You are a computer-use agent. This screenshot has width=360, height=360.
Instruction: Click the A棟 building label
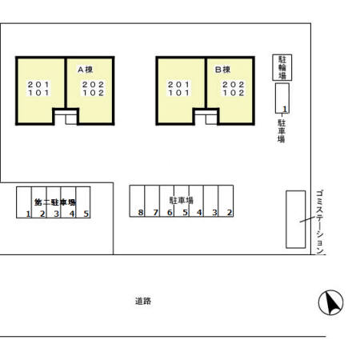point(85,70)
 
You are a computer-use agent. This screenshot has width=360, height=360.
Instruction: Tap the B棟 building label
point(222,70)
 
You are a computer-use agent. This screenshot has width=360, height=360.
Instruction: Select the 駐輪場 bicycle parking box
point(282,67)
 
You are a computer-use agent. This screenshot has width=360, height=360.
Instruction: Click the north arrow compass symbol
point(330,302)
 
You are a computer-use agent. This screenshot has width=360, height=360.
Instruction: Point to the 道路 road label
point(143,301)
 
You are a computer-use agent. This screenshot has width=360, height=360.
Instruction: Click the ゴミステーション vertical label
point(320,222)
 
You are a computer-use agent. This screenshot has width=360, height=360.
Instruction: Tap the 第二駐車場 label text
point(55,202)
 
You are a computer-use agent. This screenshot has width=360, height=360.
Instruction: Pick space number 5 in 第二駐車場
point(86,214)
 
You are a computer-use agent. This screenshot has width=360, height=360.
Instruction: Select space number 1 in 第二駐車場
point(28,214)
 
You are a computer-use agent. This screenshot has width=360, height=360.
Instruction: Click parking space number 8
point(141,213)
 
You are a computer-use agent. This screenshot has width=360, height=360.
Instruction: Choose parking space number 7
point(155,213)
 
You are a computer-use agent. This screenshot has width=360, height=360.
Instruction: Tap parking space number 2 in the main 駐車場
point(230,213)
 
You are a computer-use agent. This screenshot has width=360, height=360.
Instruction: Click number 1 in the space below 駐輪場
point(285,109)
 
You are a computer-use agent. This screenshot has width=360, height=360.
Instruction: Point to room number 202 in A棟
point(93,85)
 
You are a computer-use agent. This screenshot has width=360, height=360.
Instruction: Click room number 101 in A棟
point(38,93)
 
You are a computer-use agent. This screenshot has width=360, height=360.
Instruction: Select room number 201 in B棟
point(178,85)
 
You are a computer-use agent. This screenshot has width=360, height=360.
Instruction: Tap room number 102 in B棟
point(234,93)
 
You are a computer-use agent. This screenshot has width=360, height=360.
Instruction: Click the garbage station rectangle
point(296,219)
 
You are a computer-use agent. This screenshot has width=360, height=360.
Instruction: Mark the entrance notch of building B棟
point(206,117)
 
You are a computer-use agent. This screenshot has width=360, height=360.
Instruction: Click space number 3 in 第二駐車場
point(56,214)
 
